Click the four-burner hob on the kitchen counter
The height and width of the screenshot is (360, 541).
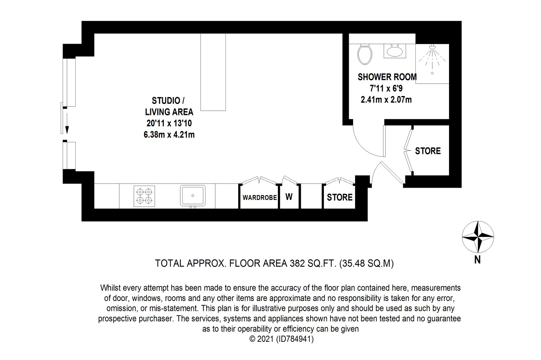pos(144,196)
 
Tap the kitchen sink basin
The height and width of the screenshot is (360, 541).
pos(193,196)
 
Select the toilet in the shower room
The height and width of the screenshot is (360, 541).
pos(365,54)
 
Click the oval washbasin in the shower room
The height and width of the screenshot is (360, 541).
pos(395,51)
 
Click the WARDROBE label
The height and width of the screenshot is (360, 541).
pos(260,198)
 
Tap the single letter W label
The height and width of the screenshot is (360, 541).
pos(289,197)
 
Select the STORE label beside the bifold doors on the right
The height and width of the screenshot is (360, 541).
pos(428,151)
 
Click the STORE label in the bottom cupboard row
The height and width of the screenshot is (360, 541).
pos(339,197)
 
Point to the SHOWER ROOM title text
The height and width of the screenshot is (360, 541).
pos(387,77)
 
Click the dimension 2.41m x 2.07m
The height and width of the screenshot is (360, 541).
pos(386,100)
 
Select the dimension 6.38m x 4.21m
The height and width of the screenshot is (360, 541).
pos(169,135)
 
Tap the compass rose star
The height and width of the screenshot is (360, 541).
pos(478,237)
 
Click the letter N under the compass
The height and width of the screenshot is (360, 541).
pos(477,260)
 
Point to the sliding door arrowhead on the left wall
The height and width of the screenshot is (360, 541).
pos(67,130)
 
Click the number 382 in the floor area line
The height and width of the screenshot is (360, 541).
pos(297,263)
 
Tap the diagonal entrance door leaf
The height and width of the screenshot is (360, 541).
pos(392,173)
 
